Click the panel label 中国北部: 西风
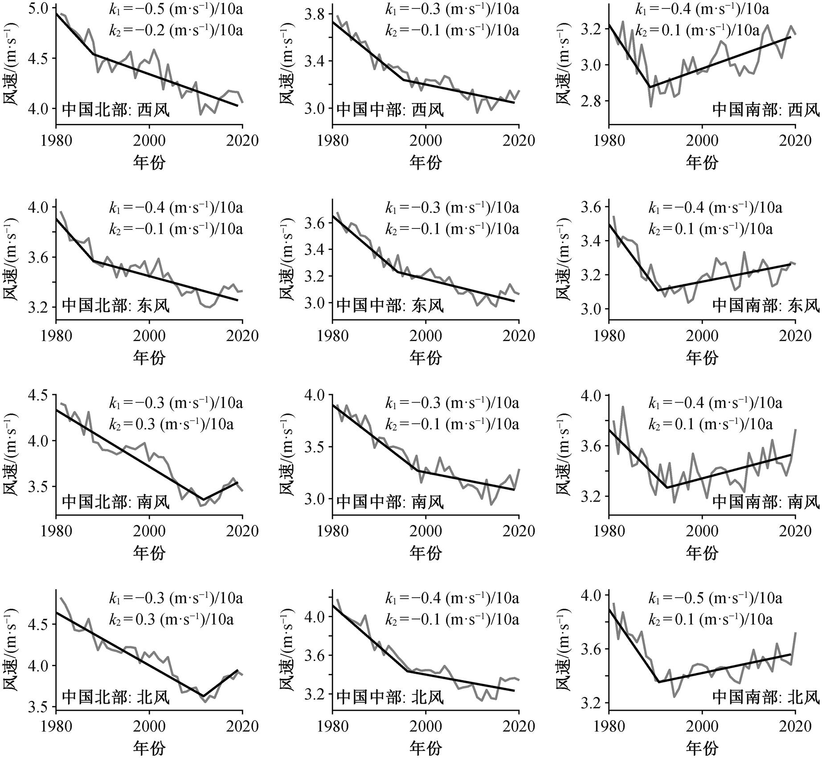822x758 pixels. (116, 110)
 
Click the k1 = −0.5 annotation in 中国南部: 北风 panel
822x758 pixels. (715, 598)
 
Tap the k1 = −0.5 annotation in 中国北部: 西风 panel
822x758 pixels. (176, 9)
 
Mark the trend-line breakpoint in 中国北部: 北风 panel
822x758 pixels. (203, 696)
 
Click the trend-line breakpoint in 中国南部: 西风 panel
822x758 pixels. (650, 87)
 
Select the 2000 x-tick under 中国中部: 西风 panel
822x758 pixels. (426, 141)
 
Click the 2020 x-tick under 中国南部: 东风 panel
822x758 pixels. (795, 335)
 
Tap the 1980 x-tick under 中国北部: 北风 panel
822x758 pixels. (56, 726)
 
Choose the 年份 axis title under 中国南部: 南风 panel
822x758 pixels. (702, 553)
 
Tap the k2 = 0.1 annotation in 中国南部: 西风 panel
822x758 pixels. (697, 31)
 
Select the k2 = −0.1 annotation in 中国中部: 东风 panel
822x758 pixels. (452, 229)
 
